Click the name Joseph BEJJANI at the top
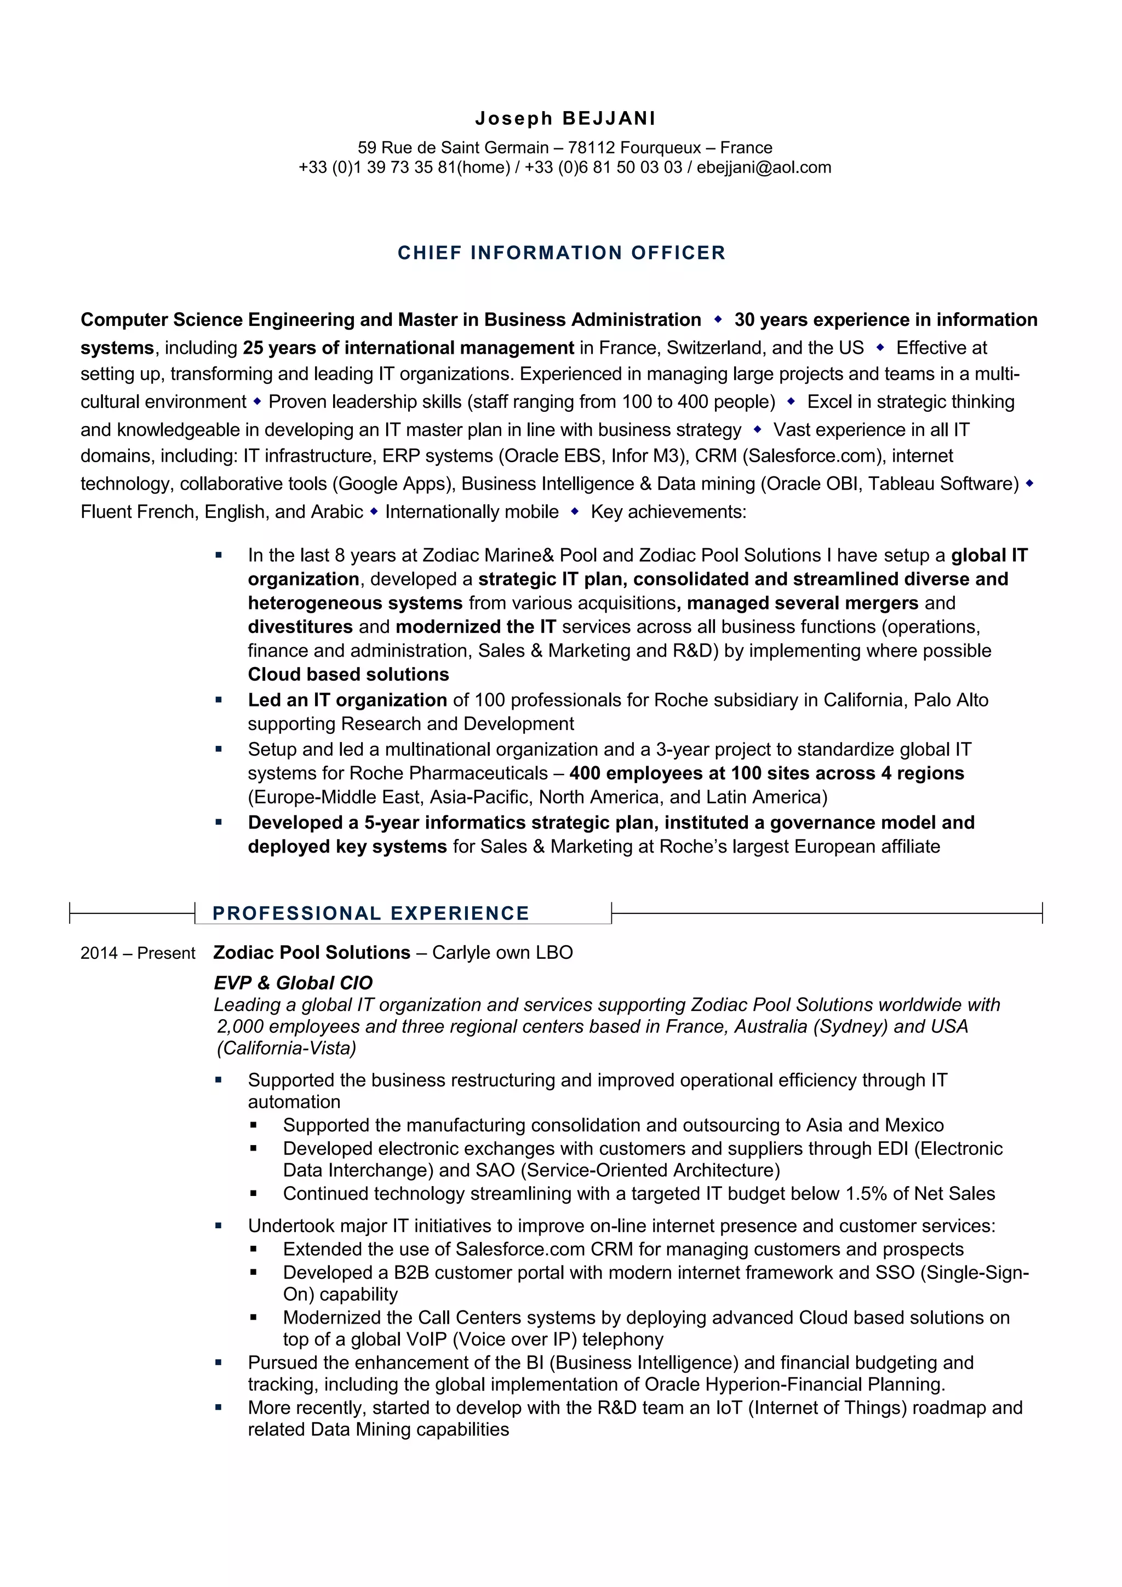click(x=565, y=118)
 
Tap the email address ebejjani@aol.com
click(x=763, y=167)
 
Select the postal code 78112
click(x=591, y=147)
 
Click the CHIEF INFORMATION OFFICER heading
click(x=562, y=252)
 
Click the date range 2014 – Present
click(x=138, y=953)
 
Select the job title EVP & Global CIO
click(x=293, y=982)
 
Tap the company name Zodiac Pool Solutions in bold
click(x=312, y=952)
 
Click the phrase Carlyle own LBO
click(x=502, y=952)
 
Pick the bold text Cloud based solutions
click(x=348, y=674)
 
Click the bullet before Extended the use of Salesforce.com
click(x=254, y=1249)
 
